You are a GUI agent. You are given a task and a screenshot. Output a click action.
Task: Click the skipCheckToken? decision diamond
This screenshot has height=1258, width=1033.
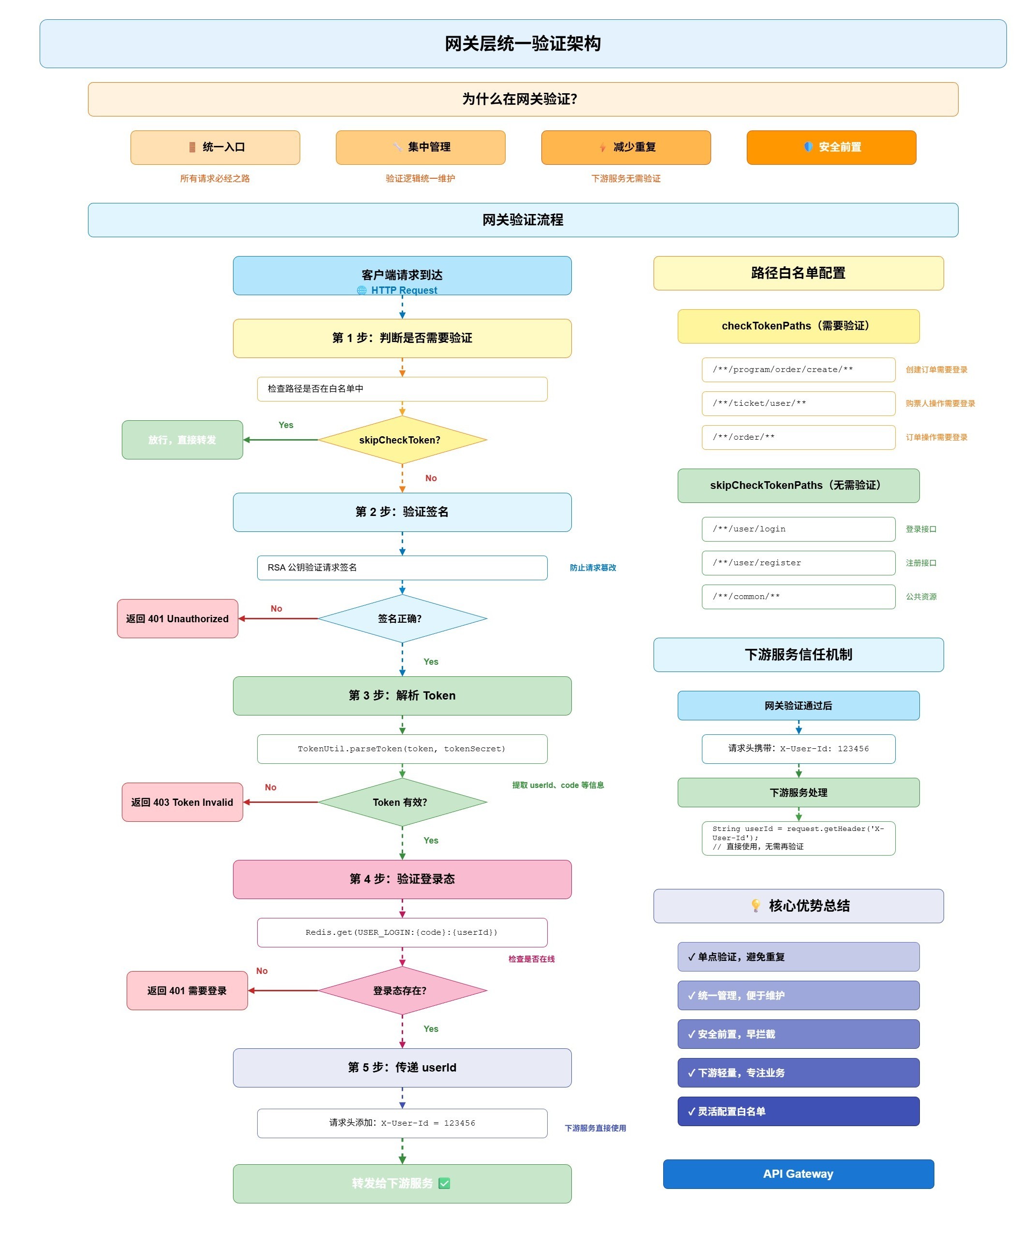pos(402,440)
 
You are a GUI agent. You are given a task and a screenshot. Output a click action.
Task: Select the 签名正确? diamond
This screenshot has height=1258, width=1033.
pos(402,618)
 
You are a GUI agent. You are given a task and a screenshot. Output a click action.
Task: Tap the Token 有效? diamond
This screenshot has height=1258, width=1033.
pos(402,802)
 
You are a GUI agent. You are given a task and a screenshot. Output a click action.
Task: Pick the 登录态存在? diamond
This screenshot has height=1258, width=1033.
pos(402,990)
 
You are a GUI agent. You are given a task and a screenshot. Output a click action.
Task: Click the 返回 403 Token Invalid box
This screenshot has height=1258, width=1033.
pos(182,802)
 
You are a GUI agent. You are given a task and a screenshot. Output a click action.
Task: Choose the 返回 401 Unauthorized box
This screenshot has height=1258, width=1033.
pos(177,618)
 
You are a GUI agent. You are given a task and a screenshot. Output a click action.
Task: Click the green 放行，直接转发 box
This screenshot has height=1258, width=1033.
pos(182,440)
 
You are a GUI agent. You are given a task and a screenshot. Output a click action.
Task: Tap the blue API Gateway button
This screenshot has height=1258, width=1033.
pos(799,1174)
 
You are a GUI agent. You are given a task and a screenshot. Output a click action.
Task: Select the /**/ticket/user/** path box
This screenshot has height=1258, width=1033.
pos(799,403)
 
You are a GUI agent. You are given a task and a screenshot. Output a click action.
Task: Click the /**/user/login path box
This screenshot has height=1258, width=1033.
pos(799,529)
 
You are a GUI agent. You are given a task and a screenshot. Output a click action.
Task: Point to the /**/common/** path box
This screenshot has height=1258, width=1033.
pos(799,597)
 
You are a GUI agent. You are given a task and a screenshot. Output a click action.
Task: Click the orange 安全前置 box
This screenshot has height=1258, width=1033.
pos(831,147)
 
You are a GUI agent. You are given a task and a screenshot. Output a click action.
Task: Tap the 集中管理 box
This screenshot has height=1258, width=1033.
pos(421,147)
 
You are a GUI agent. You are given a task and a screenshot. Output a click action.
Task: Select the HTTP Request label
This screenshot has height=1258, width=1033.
pos(404,290)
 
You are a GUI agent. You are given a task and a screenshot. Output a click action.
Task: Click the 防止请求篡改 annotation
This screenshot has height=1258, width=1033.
pos(593,568)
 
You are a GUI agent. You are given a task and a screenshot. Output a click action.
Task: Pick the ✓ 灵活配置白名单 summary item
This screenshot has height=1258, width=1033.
pos(799,1111)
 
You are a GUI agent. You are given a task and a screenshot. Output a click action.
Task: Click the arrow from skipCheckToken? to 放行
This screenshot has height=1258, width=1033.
pos(281,440)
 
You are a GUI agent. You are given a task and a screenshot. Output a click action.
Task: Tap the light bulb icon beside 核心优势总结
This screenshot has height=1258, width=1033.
pos(756,905)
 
